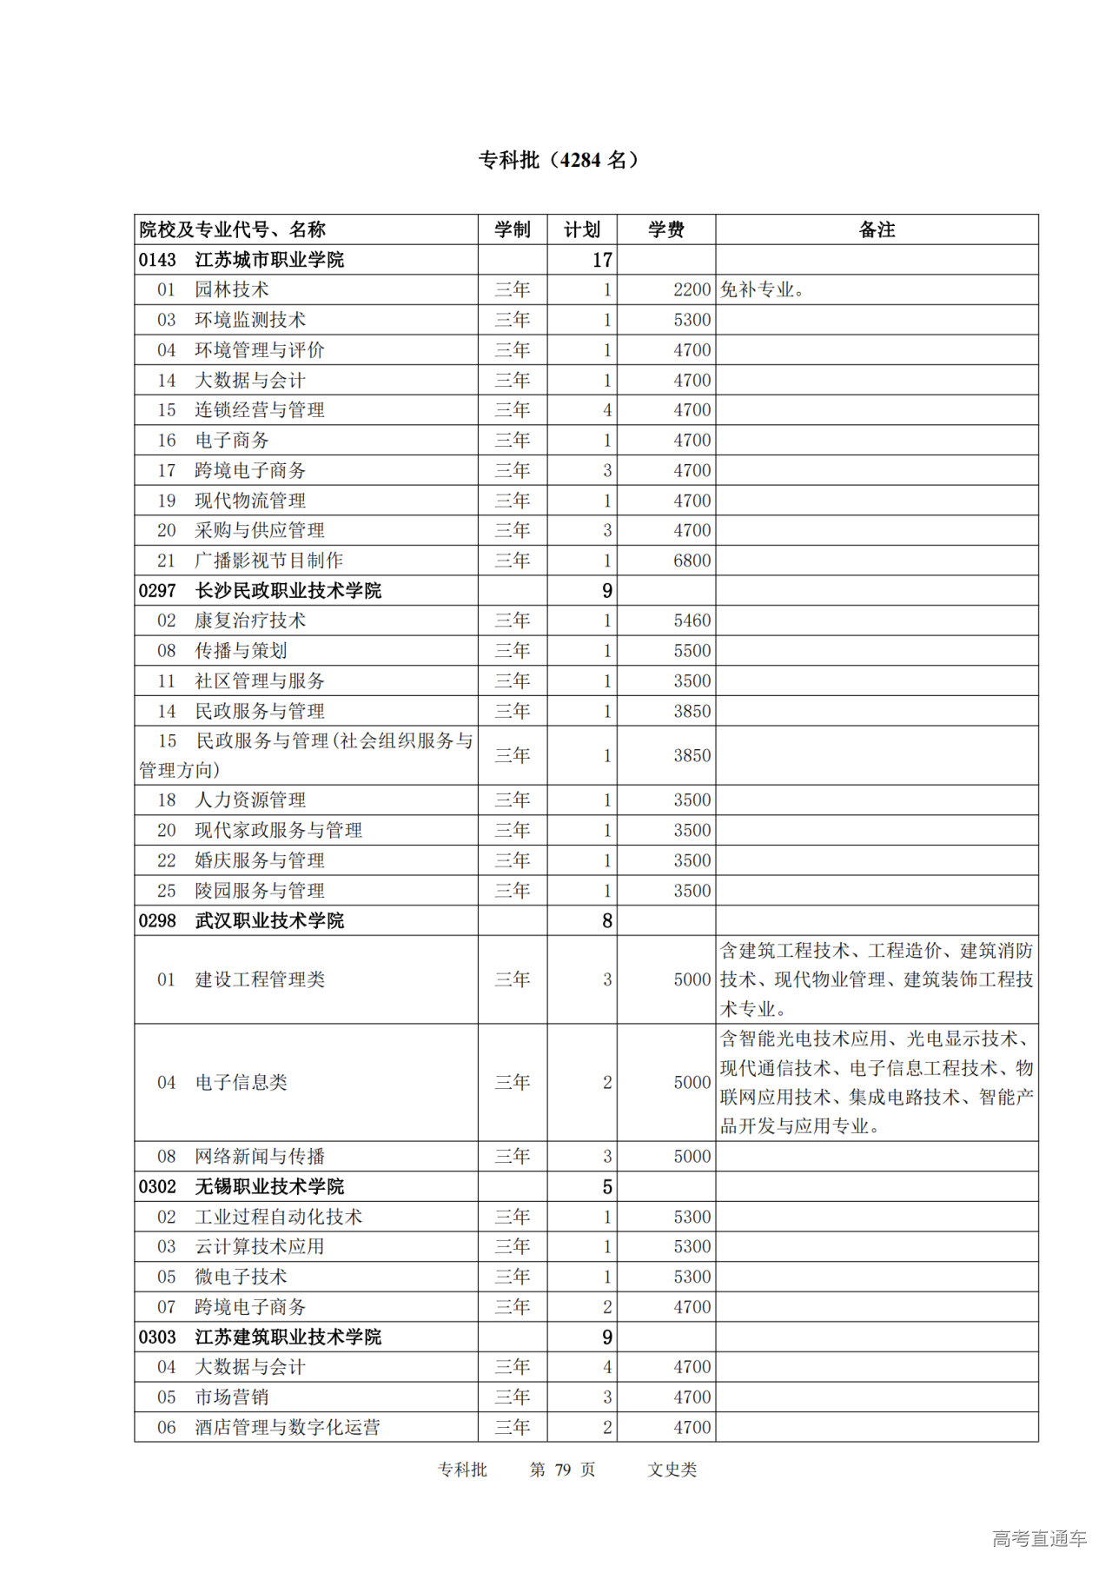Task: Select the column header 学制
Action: coord(512,229)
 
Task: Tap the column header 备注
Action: coord(876,229)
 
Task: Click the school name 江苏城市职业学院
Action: coord(269,260)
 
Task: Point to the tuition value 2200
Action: coord(692,289)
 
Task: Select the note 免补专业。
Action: coord(763,289)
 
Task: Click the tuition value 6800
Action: coord(692,561)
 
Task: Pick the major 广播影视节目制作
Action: coord(268,561)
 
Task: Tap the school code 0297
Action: coord(157,591)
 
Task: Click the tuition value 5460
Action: coord(692,621)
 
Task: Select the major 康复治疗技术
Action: coord(250,621)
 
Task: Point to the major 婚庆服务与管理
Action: coord(259,860)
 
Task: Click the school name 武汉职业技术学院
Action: coord(269,920)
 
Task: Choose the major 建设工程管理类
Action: coord(259,979)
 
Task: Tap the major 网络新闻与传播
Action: coord(259,1156)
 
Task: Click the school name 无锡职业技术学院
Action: coord(269,1186)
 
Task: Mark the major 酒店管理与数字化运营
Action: coord(287,1427)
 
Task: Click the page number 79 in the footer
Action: coord(563,1470)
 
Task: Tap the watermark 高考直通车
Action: coord(1039,1539)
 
